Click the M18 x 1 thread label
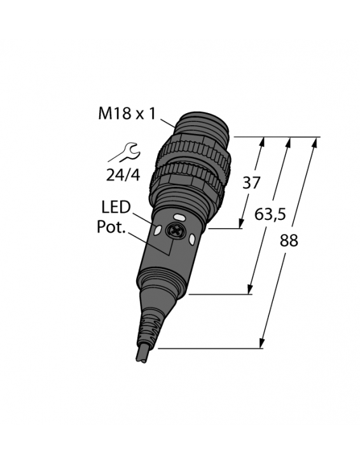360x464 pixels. tap(127, 114)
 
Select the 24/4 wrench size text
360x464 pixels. tap(122, 175)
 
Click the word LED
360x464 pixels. tap(116, 207)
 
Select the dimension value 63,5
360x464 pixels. tap(270, 215)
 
